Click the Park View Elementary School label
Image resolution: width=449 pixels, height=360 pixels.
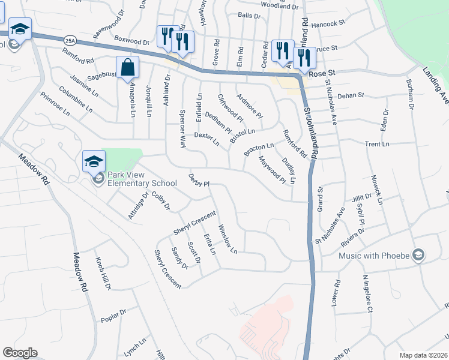[142, 179]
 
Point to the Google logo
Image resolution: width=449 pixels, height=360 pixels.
[19, 353]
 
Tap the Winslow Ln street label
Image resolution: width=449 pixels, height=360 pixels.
[228, 239]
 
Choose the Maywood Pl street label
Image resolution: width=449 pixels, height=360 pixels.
[271, 170]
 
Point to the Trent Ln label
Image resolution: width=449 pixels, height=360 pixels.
[377, 144]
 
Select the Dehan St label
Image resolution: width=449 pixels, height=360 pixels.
[352, 95]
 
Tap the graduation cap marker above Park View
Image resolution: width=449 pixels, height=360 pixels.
[94, 161]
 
